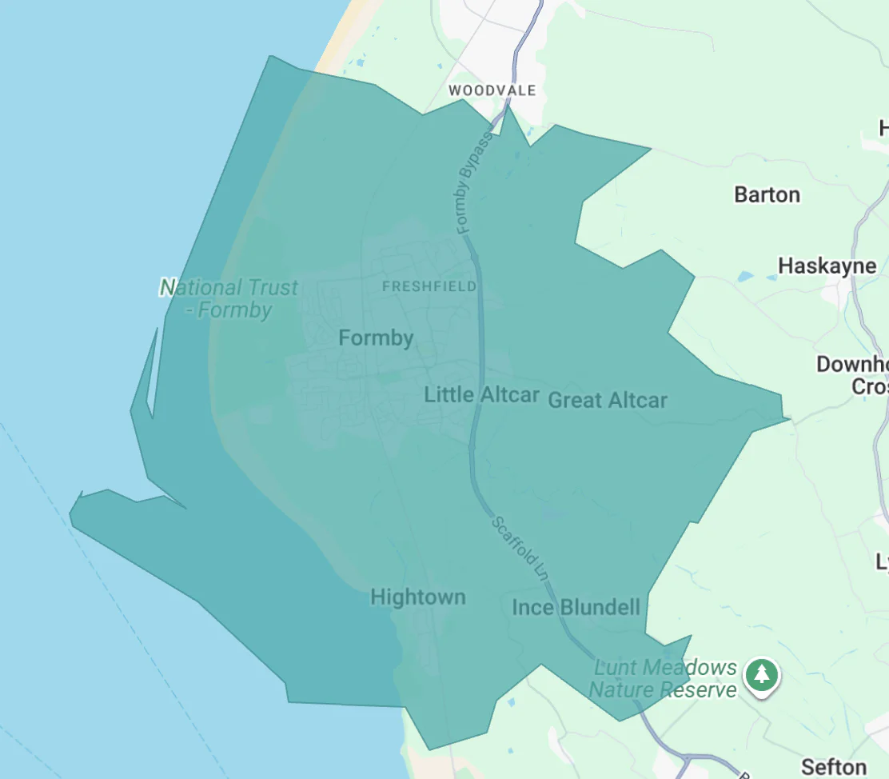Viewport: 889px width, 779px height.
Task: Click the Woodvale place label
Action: pos(492,90)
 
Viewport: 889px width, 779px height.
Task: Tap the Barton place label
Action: pos(767,194)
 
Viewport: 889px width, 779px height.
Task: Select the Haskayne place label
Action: pos(827,266)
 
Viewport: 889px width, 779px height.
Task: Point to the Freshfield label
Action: pos(429,286)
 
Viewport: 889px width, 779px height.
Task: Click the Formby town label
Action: pos(376,338)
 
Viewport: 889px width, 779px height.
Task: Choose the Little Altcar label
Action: pos(481,394)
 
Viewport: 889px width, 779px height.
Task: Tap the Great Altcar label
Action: pos(608,400)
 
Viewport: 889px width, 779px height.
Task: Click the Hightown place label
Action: pos(417,597)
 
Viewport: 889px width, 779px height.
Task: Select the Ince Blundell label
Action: pos(576,608)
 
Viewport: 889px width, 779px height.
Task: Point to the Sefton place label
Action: pos(833,767)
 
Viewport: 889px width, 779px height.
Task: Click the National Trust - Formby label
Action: pos(229,298)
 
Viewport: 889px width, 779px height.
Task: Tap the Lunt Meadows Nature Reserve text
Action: pos(663,678)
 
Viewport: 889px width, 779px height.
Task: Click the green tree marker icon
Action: pos(762,674)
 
